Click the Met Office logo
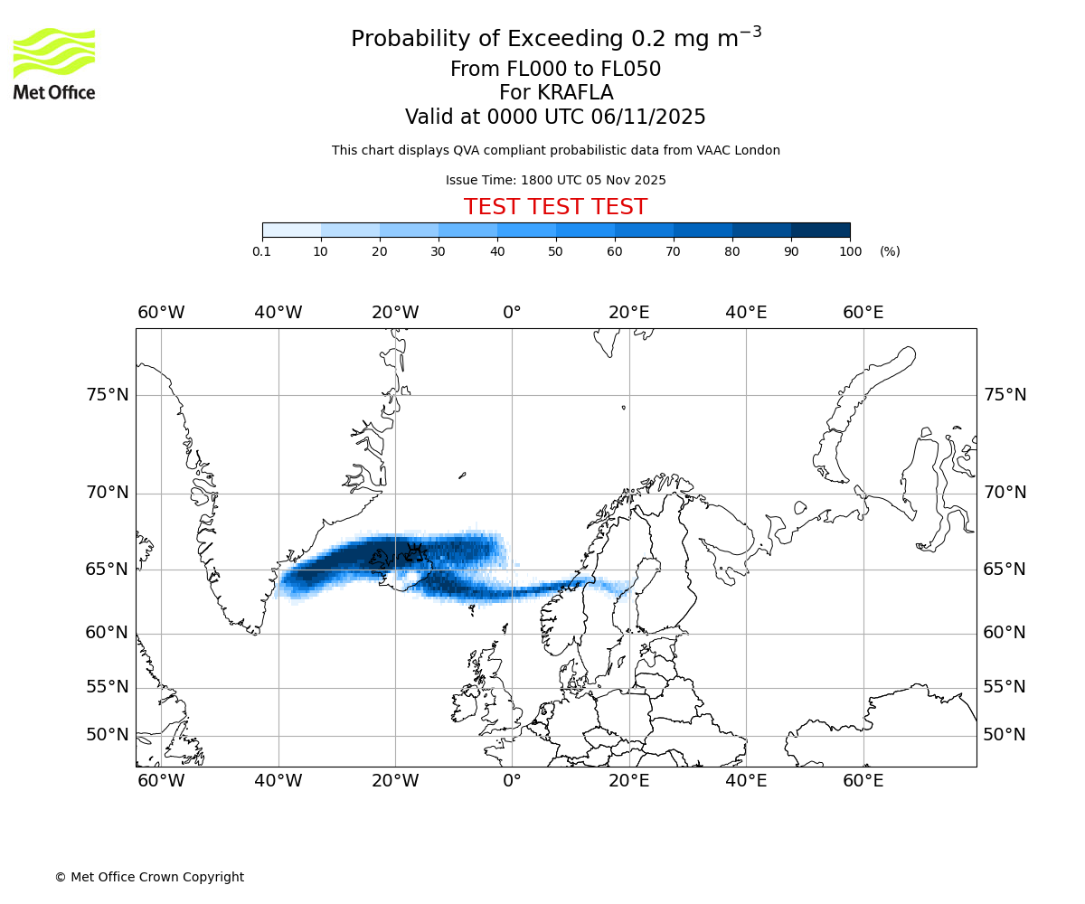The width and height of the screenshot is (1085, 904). pyautogui.click(x=54, y=63)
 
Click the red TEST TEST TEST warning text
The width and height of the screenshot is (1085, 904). pyautogui.click(x=555, y=207)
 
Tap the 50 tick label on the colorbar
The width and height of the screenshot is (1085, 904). pyautogui.click(x=556, y=251)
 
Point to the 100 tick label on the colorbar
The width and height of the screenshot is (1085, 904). pyautogui.click(x=850, y=251)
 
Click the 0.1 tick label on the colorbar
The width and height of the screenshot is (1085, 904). pyautogui.click(x=262, y=251)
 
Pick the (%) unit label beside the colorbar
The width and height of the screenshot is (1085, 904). pyautogui.click(x=890, y=251)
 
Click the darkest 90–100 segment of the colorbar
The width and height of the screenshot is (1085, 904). pyautogui.click(x=820, y=230)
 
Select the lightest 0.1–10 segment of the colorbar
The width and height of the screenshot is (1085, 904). pyautogui.click(x=291, y=230)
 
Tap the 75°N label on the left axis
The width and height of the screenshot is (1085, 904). pyautogui.click(x=107, y=395)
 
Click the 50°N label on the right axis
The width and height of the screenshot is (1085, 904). pyautogui.click(x=1005, y=735)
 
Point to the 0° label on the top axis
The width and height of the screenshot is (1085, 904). pyautogui.click(x=512, y=313)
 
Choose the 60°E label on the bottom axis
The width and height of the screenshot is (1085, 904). pyautogui.click(x=863, y=781)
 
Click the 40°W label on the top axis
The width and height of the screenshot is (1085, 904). pyautogui.click(x=278, y=313)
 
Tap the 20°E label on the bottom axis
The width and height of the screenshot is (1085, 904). pyautogui.click(x=628, y=781)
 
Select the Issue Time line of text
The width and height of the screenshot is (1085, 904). pyautogui.click(x=555, y=180)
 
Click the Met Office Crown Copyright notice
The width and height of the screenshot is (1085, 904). pyautogui.click(x=149, y=877)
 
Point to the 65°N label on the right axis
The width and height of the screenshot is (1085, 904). pyautogui.click(x=1005, y=570)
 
